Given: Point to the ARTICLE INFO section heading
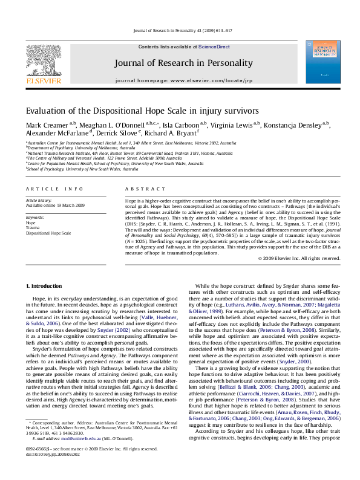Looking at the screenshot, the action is click(x=46, y=189).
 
